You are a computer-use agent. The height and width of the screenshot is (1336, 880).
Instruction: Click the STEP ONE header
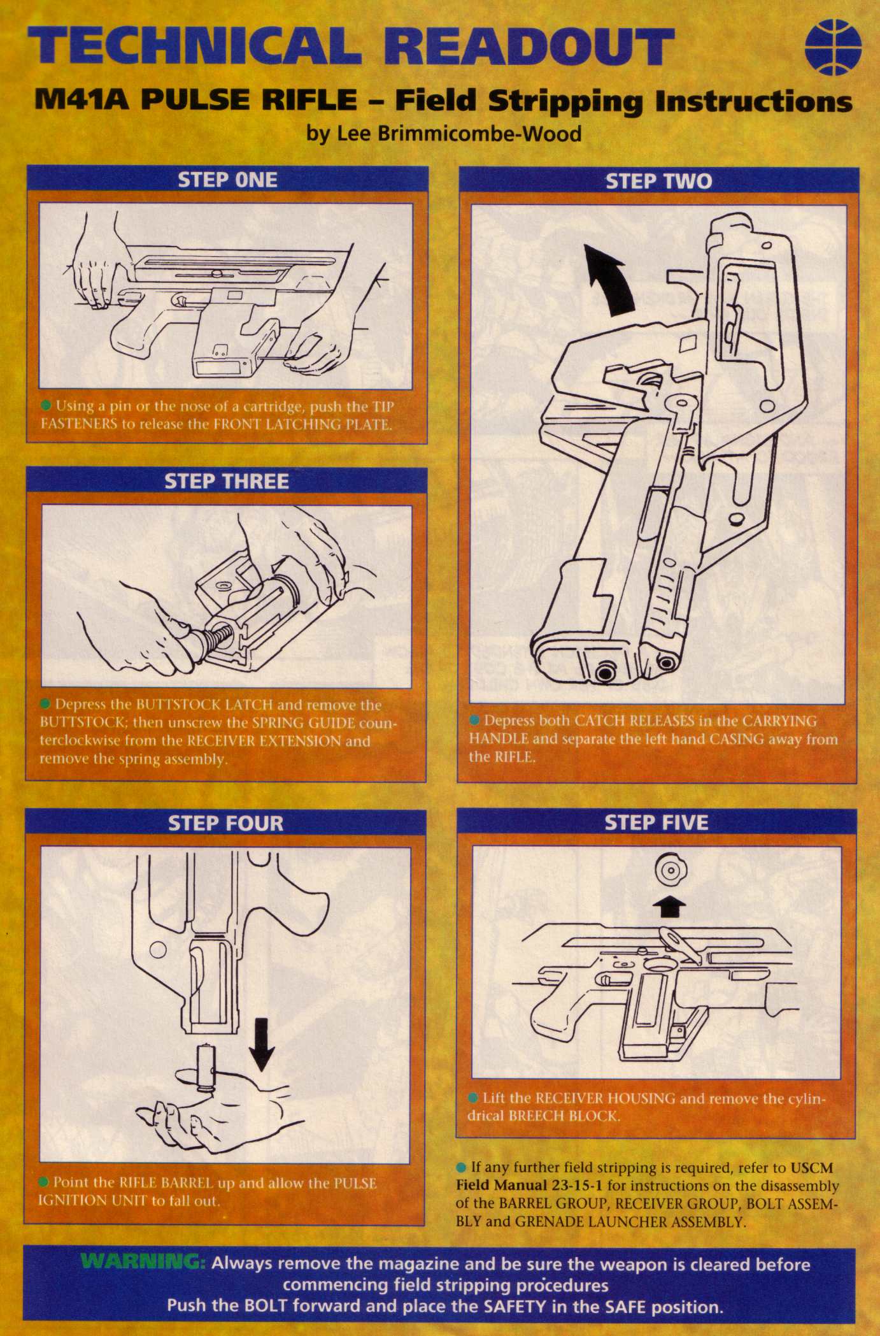[x=227, y=180]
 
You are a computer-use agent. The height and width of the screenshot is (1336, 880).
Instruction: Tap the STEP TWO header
[x=658, y=182]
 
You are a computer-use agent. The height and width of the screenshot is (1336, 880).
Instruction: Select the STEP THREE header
[x=227, y=481]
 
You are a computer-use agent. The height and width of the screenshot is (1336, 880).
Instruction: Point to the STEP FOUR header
[x=225, y=823]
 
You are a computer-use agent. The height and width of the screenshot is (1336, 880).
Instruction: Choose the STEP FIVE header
[x=656, y=822]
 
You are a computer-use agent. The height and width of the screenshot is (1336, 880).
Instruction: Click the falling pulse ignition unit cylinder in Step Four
[x=206, y=1068]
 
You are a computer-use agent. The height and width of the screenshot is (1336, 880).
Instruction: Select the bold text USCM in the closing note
[x=812, y=1168]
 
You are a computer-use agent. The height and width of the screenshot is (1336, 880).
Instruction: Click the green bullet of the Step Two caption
[x=474, y=721]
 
